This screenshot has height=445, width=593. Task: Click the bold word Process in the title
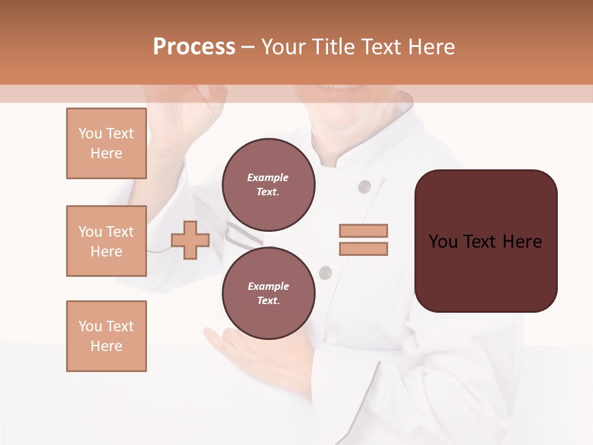tap(194, 47)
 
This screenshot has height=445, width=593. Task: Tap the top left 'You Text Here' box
tap(106, 143)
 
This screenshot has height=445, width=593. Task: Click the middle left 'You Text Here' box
tap(106, 241)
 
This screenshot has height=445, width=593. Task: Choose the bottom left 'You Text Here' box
tap(106, 336)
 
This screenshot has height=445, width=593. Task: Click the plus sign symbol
tap(190, 240)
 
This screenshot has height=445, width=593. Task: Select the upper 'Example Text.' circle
tap(268, 184)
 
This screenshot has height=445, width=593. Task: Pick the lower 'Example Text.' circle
tap(268, 293)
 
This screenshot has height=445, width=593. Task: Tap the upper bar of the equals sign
tap(363, 231)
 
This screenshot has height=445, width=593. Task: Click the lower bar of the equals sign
tap(363, 248)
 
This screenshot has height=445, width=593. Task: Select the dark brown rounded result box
tap(486, 241)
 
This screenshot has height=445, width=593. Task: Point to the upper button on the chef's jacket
tap(364, 186)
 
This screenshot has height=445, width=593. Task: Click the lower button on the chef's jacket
tap(326, 272)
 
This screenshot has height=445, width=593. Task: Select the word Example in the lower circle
tap(268, 286)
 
